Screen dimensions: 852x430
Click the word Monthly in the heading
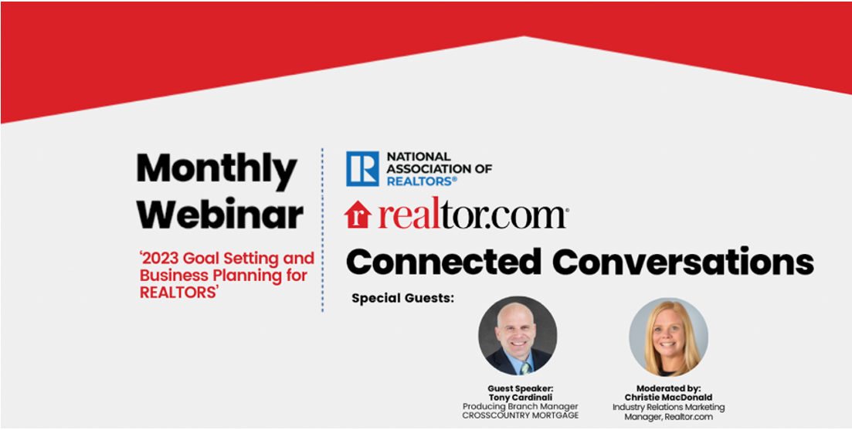coord(217,169)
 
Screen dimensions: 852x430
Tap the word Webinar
coord(220,215)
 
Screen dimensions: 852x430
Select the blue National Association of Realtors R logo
coord(362,168)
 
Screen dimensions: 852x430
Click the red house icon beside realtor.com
coord(358,215)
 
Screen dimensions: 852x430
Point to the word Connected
coord(443,262)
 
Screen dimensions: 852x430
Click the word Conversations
coord(685,262)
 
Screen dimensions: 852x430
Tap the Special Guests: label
coord(402,299)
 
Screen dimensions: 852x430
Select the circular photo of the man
coord(518,336)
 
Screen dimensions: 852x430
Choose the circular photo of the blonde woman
coord(668,337)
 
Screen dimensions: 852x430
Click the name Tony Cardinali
coord(520,397)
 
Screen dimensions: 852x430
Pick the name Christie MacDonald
coord(668,398)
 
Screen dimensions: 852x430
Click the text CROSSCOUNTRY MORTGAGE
coord(520,416)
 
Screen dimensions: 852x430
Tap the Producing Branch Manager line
coord(520,407)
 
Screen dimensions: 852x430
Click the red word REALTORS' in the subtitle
coord(178,292)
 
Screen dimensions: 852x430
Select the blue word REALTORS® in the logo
coord(423,181)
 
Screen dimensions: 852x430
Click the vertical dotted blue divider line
coord(322,229)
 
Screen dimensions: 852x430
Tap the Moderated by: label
coord(668,388)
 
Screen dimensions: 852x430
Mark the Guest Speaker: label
coord(520,388)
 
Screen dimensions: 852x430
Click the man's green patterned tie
coord(524,368)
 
